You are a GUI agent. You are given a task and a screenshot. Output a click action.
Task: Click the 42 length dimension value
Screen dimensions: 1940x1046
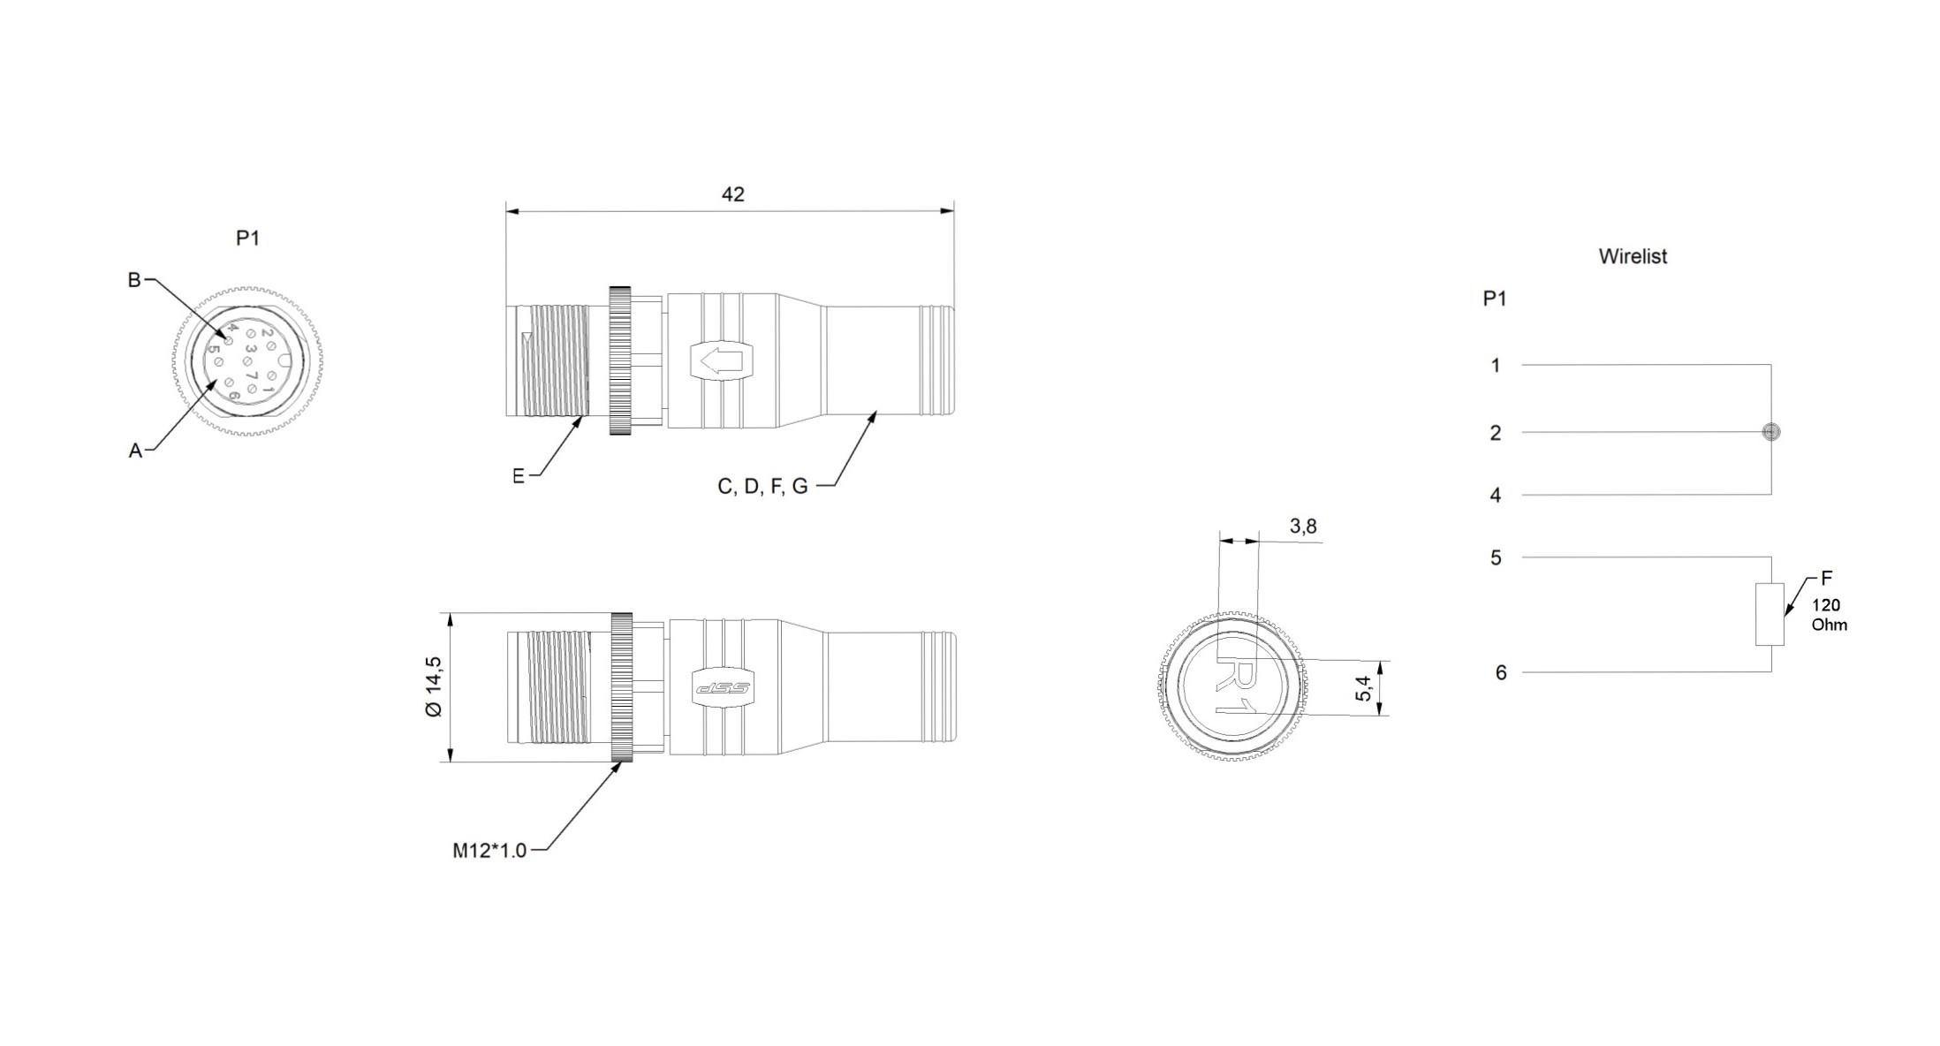click(x=732, y=194)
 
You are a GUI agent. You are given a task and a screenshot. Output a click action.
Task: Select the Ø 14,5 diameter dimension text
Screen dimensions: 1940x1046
click(x=434, y=686)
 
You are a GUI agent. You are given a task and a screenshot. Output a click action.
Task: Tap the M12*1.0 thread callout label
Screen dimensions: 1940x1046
click(x=489, y=850)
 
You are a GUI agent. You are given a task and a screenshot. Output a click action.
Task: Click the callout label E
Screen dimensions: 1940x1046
click(x=519, y=476)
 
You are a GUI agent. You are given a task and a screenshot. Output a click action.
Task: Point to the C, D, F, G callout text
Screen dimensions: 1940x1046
click(x=762, y=487)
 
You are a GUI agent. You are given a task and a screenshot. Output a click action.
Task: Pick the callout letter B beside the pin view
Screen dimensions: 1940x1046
click(x=134, y=280)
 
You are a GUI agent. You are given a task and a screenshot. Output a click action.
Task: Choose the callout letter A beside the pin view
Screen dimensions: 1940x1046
click(x=135, y=451)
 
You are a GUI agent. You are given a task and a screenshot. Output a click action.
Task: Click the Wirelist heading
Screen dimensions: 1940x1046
click(x=1633, y=256)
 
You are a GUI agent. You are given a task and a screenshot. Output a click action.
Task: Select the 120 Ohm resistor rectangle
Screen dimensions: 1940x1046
click(x=1769, y=614)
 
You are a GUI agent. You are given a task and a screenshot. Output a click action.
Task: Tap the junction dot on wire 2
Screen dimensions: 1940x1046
click(x=1770, y=432)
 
